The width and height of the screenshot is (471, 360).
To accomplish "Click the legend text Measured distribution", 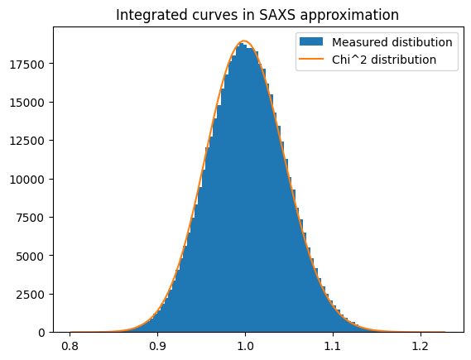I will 392,42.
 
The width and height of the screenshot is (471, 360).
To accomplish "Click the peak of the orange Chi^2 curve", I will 245,41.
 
